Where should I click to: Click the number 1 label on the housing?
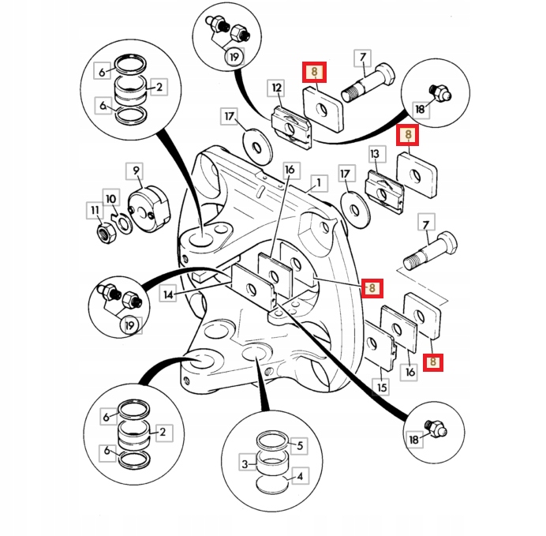pyautogui.click(x=318, y=183)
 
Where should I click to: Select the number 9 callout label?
pyautogui.click(x=136, y=170)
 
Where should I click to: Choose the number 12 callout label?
pyautogui.click(x=276, y=87)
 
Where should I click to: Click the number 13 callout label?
pyautogui.click(x=375, y=153)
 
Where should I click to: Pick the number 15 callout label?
pyautogui.click(x=382, y=388)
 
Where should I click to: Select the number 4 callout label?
pyautogui.click(x=299, y=476)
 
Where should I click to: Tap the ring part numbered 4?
pyautogui.click(x=272, y=482)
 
